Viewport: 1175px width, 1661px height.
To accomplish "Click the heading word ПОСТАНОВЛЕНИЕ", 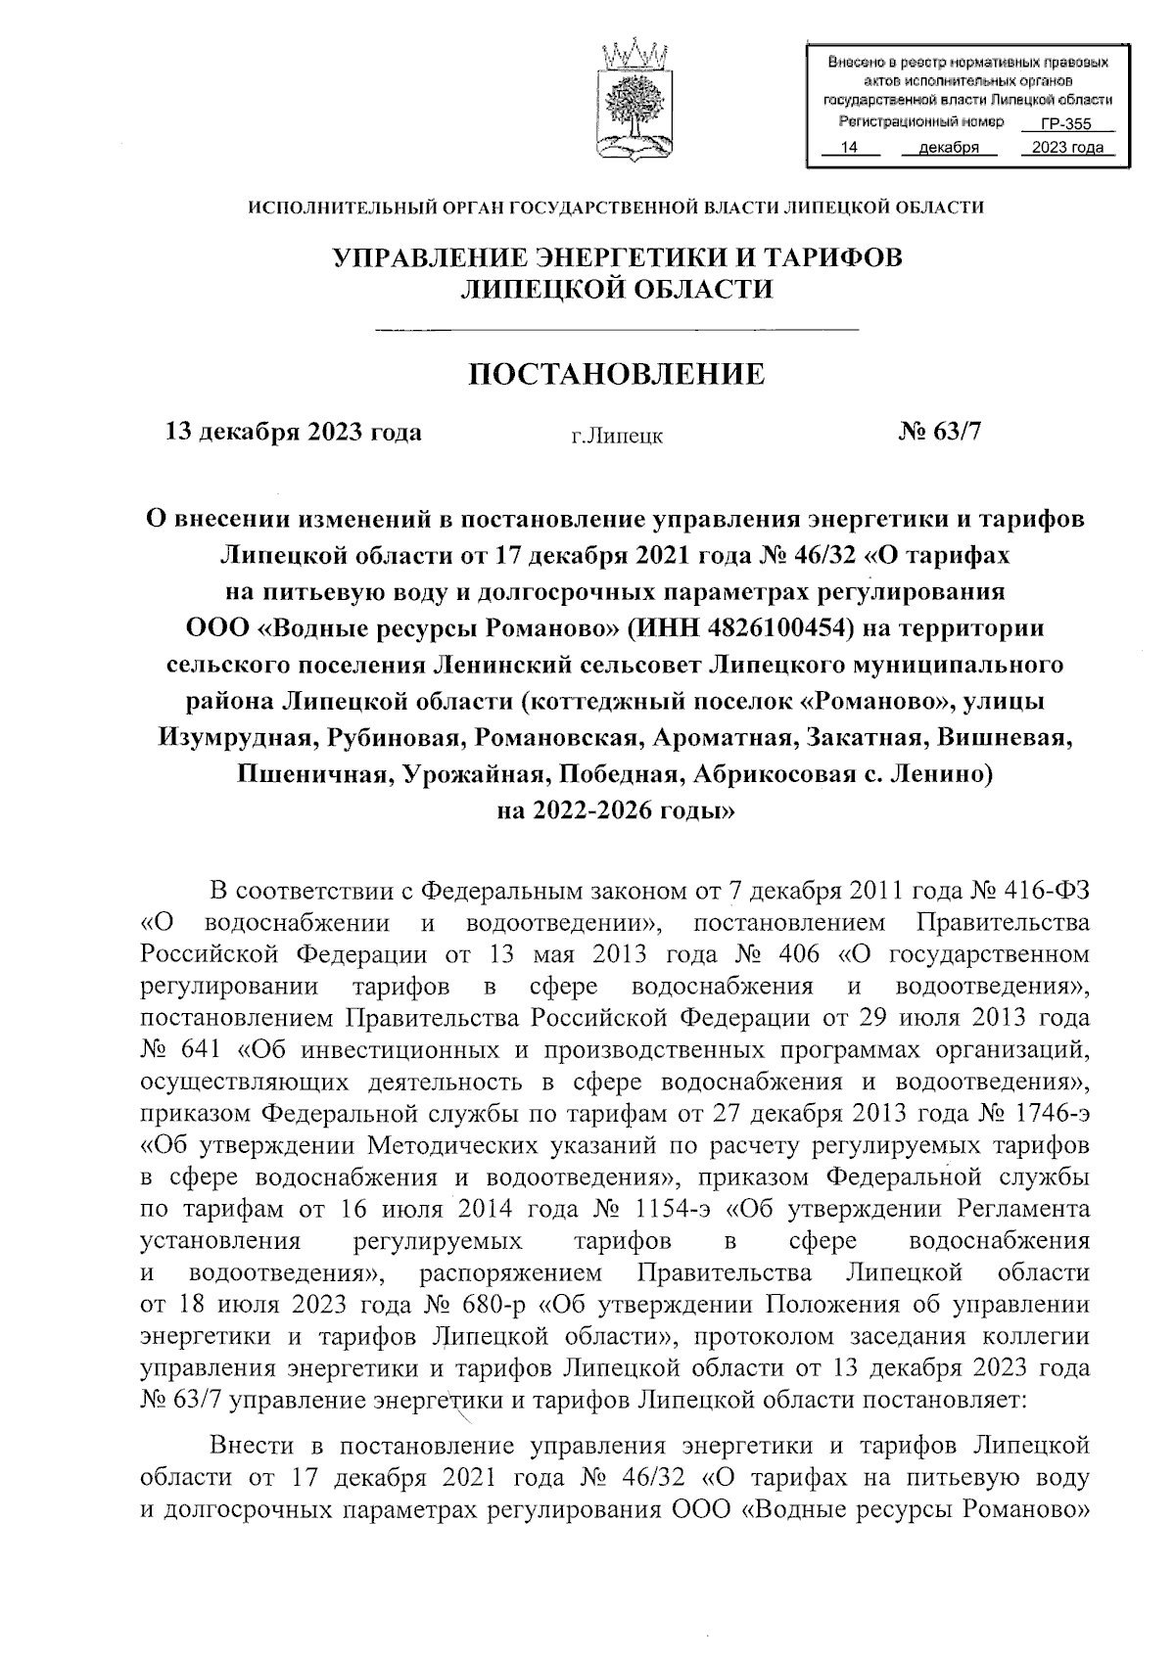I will click(617, 373).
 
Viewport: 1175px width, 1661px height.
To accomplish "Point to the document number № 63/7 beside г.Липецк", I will click(938, 432).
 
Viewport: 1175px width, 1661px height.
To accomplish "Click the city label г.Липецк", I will click(617, 436).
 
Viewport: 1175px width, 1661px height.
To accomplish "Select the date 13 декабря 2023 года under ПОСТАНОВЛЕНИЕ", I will click(295, 432).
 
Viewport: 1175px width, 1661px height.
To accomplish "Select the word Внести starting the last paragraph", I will click(257, 1445).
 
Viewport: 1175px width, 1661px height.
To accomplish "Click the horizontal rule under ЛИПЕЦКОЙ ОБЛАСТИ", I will click(617, 329).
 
